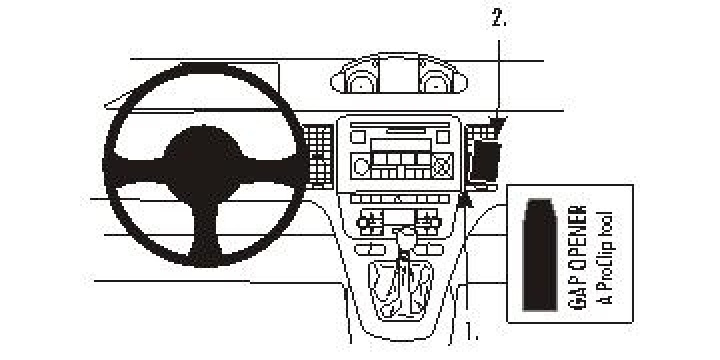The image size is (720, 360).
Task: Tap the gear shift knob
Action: pyautogui.click(x=404, y=240)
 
